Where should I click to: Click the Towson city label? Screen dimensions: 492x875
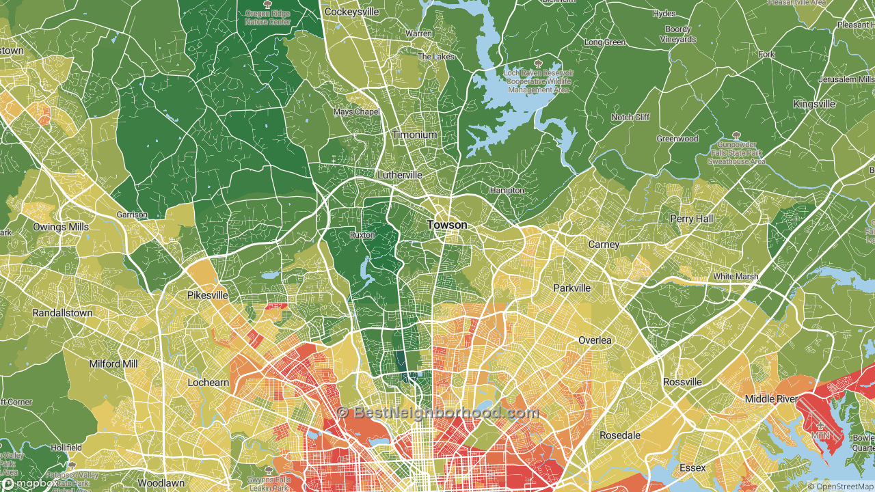click(x=447, y=225)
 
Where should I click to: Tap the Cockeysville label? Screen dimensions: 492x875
click(x=351, y=12)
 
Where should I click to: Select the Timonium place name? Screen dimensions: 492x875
click(x=414, y=135)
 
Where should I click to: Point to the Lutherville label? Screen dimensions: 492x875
click(x=400, y=175)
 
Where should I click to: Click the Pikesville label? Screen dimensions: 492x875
click(x=207, y=295)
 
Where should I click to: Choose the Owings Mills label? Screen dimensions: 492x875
click(x=61, y=227)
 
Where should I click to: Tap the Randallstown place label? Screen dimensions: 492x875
click(x=62, y=312)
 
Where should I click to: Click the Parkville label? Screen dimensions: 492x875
click(x=571, y=288)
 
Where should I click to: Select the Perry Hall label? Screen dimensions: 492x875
click(x=690, y=219)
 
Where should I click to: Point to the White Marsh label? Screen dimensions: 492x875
click(x=736, y=276)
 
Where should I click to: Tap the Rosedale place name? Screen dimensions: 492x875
click(x=620, y=435)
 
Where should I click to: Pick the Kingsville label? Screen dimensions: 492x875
click(x=813, y=104)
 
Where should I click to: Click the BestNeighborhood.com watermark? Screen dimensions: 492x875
click(x=437, y=413)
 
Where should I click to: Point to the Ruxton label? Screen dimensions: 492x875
click(x=362, y=234)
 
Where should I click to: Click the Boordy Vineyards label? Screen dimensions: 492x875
click(x=678, y=34)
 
